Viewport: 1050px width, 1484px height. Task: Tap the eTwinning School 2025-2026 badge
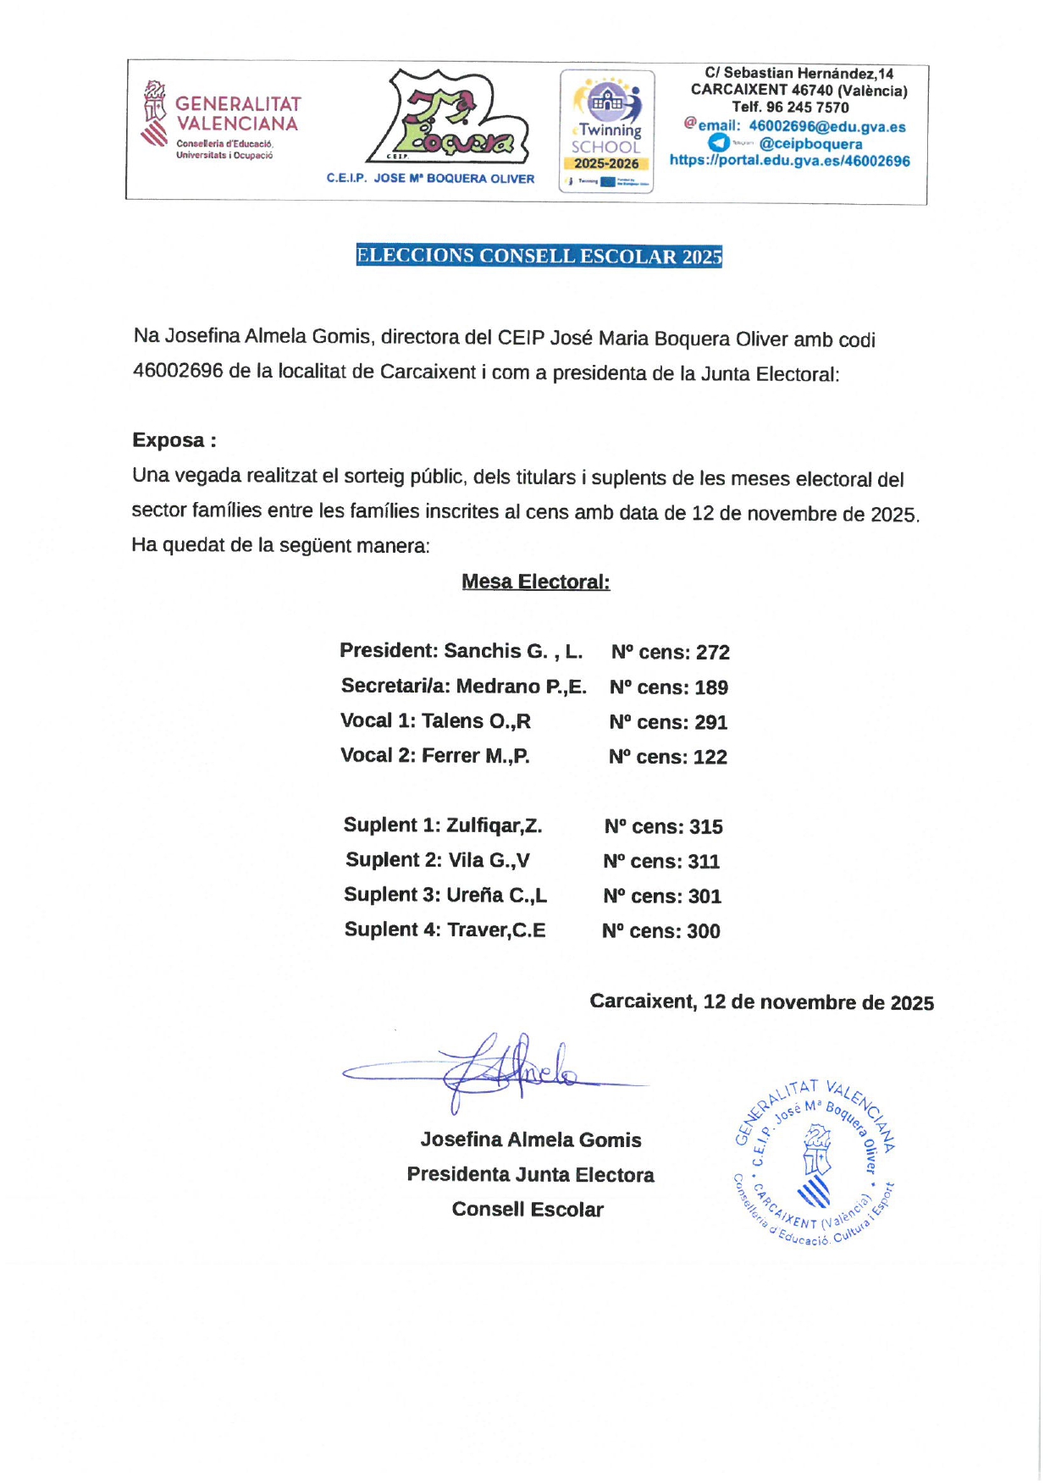point(606,131)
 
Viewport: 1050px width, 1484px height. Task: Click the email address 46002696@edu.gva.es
point(826,127)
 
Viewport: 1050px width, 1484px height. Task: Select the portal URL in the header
point(789,161)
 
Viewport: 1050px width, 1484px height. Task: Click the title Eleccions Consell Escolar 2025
point(539,256)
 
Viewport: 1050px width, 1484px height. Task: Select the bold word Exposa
point(169,440)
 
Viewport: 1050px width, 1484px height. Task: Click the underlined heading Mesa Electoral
point(535,582)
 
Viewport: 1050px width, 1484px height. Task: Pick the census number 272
point(712,653)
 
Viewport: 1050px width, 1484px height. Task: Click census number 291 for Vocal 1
point(710,722)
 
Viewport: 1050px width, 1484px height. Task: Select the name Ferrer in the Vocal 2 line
point(450,756)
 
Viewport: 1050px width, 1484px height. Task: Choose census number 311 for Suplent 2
point(703,862)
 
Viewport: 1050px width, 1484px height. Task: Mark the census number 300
point(703,931)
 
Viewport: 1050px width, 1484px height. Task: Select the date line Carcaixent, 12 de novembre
point(761,1002)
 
